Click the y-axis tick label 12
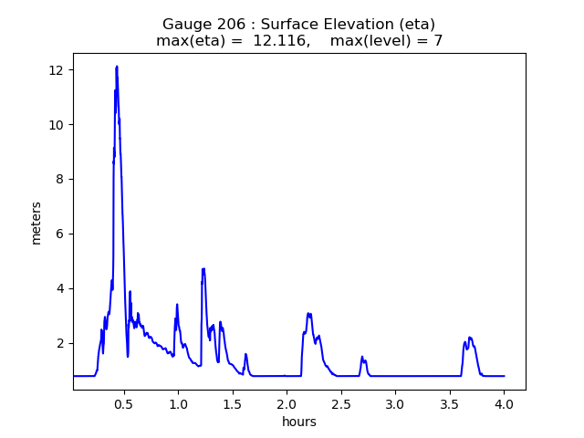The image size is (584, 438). click(x=56, y=70)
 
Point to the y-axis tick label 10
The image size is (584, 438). click(x=56, y=125)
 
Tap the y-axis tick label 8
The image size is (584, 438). click(x=58, y=180)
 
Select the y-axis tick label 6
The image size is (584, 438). click(x=58, y=234)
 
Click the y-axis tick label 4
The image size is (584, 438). click(x=58, y=288)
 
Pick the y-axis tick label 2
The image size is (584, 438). click(x=58, y=343)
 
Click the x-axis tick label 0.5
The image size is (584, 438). click(x=123, y=402)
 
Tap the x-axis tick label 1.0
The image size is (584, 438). click(x=178, y=402)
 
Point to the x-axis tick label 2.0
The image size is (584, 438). click(x=287, y=402)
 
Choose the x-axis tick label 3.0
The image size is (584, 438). click(x=395, y=402)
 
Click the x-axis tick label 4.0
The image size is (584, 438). click(x=504, y=402)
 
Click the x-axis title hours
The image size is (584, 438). click(x=299, y=421)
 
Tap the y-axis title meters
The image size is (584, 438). click(x=36, y=223)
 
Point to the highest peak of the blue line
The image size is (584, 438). click(x=117, y=67)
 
